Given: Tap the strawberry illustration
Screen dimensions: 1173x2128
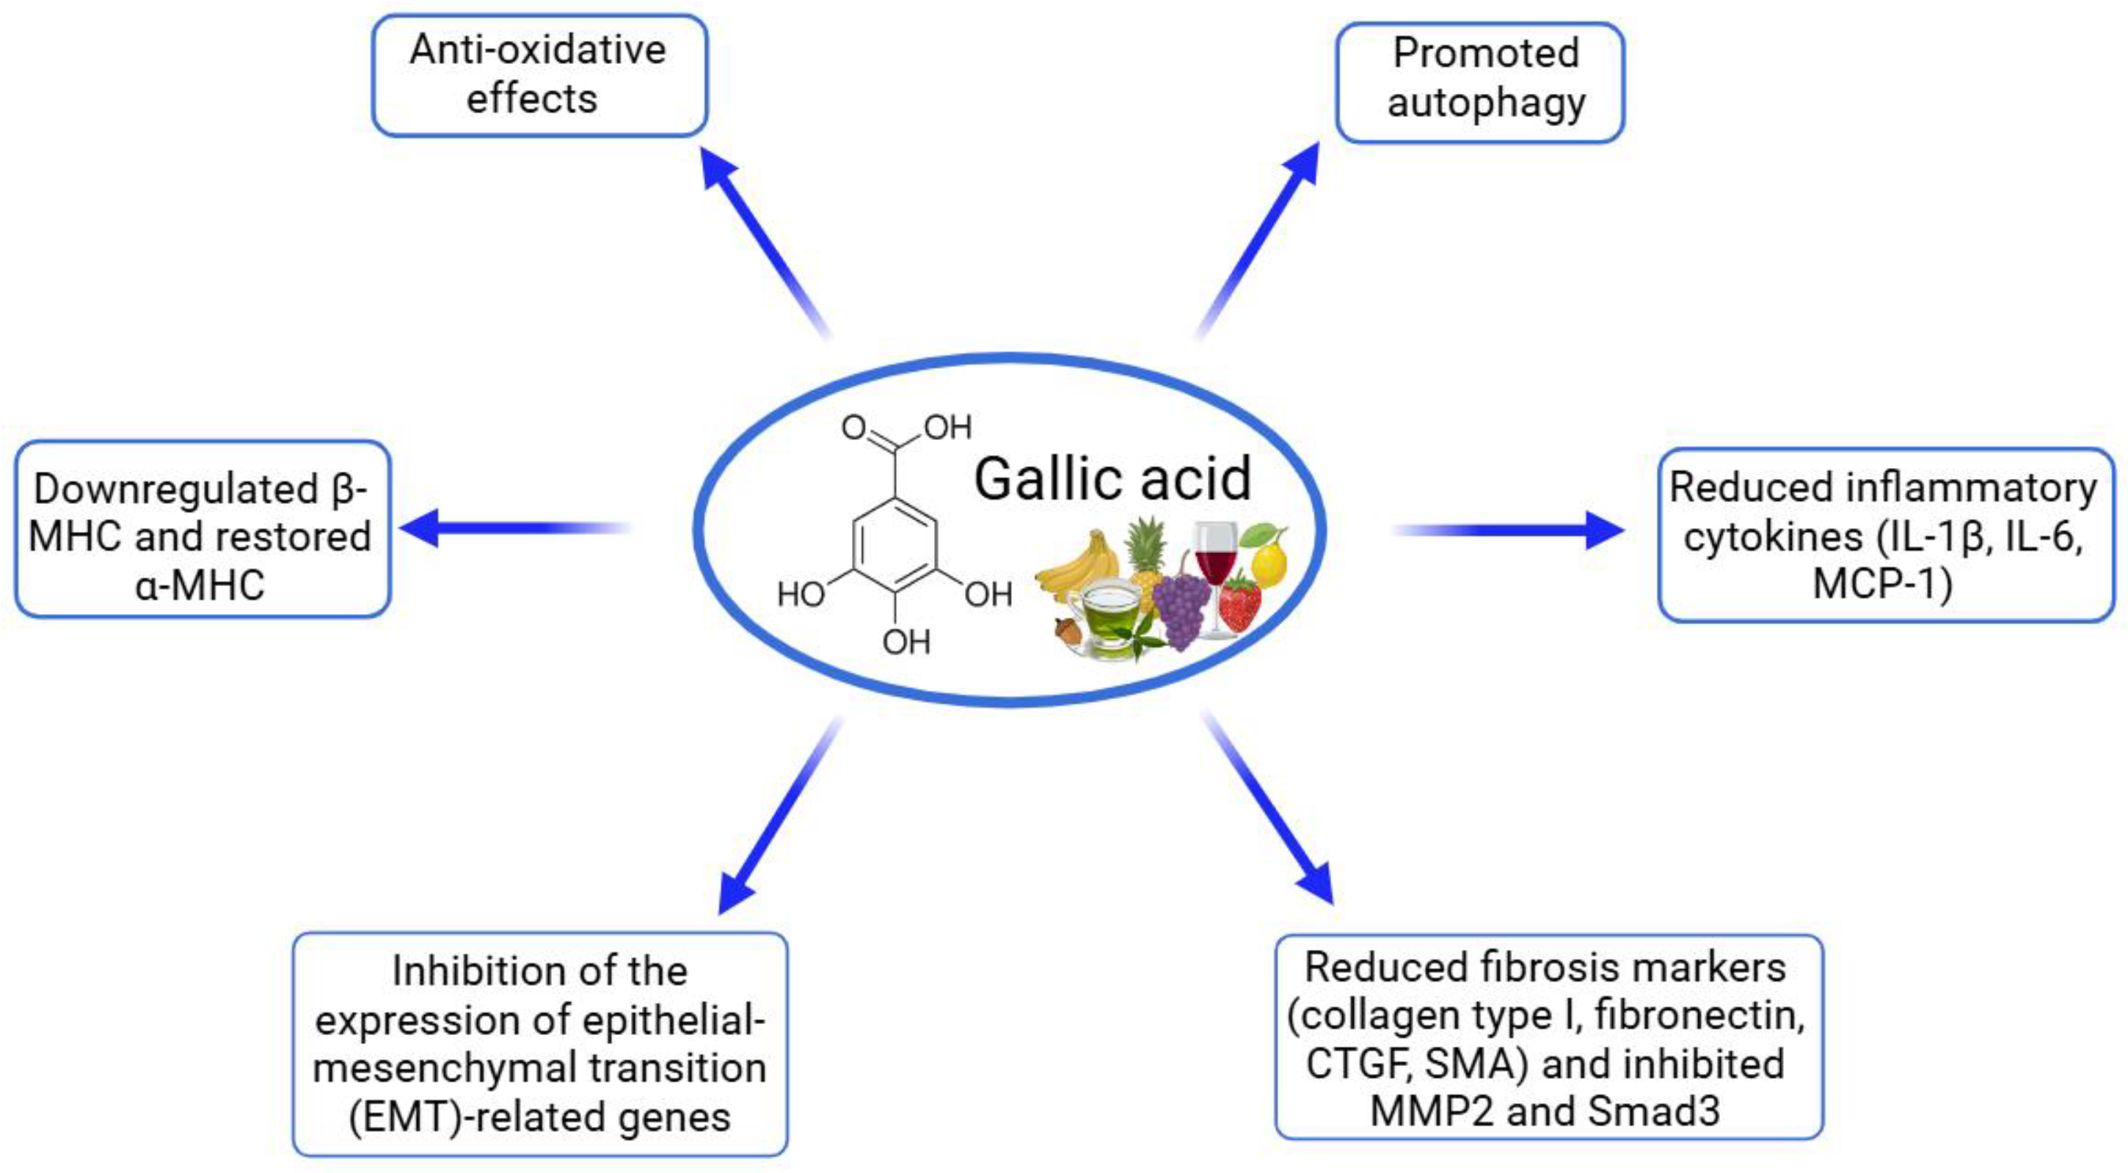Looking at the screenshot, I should (x=1239, y=603).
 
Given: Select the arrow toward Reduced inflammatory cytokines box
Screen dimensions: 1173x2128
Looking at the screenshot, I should (x=1512, y=530).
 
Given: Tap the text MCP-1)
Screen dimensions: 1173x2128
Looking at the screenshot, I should (x=1883, y=583).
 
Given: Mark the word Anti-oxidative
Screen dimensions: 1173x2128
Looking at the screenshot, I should (x=538, y=50).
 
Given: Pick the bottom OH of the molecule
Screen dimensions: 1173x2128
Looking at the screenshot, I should (x=906, y=642).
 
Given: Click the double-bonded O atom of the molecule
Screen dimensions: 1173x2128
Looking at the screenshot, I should (x=853, y=427).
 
